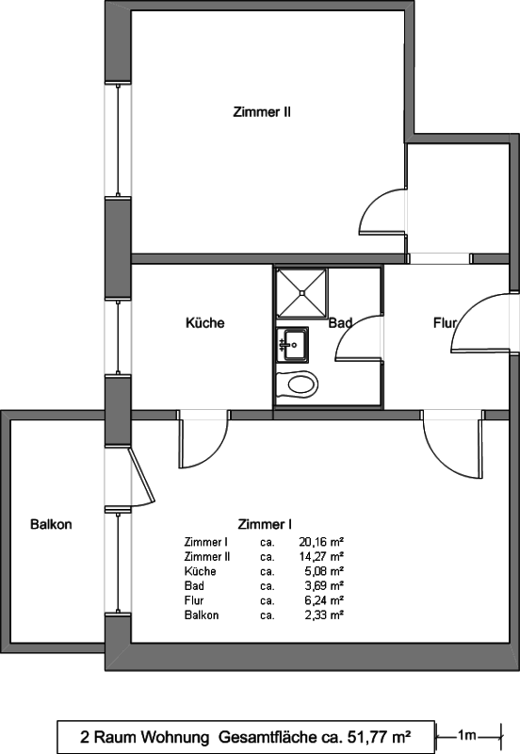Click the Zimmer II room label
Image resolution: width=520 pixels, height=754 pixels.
(262, 112)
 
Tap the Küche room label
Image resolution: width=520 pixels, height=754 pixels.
(205, 322)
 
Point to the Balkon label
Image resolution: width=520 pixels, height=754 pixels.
(51, 524)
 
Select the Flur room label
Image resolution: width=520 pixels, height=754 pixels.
(445, 322)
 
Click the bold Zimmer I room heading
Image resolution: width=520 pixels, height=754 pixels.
(265, 524)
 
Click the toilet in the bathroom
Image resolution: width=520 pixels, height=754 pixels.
(298, 385)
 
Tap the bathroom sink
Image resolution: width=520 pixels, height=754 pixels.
(293, 345)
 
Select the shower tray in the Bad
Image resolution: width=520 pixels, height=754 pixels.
(301, 293)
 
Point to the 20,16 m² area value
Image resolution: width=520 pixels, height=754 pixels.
(321, 542)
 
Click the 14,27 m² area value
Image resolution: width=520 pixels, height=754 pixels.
(321, 556)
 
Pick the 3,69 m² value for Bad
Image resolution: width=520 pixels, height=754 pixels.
(324, 585)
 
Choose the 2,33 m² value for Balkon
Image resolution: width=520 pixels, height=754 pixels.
(324, 615)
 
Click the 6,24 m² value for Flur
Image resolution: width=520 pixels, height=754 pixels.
(324, 600)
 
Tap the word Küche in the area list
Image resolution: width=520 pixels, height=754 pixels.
(200, 571)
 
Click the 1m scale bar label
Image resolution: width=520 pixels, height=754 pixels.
(466, 735)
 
